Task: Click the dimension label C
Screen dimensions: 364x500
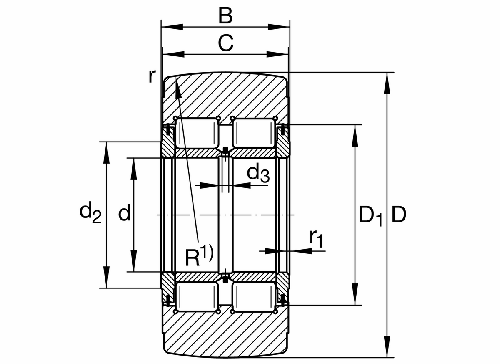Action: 225,43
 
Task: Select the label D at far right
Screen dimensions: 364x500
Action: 398,215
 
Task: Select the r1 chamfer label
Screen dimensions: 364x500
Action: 316,238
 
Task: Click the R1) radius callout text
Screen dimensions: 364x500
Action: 199,257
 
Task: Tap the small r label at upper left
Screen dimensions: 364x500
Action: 152,76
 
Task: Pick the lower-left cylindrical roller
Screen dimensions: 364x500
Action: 197,297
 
